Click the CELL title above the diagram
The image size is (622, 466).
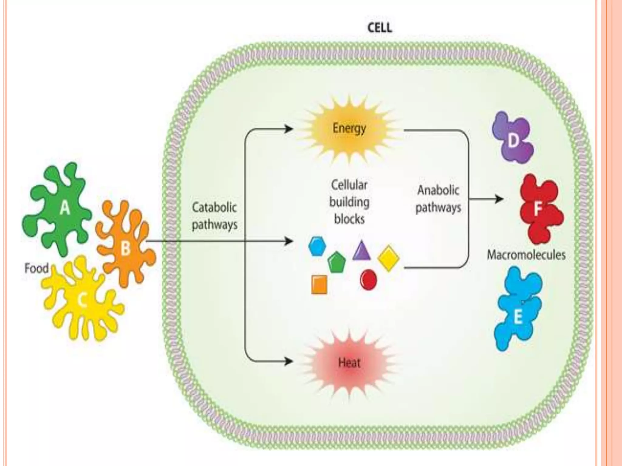380,28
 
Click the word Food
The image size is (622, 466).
36,268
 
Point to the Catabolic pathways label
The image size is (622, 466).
214,216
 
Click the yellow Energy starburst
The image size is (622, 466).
349,129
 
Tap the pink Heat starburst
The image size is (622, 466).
349,363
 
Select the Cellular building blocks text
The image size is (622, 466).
349,202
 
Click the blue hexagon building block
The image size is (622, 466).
317,246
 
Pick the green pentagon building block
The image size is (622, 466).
337,263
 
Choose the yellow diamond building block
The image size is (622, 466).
388,258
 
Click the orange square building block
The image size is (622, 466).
319,285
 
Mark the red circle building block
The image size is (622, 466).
368,280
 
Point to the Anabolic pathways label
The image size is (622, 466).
438,199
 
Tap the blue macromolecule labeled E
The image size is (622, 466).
518,309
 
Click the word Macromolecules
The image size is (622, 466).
526,255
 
